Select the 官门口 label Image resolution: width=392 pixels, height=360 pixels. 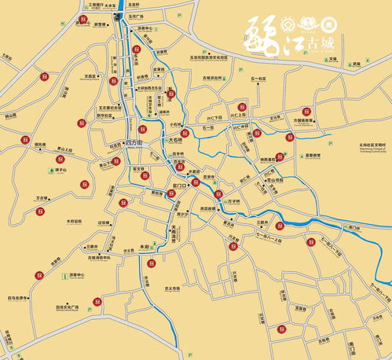click(179, 186)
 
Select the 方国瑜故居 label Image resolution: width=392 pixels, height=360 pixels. click(304, 120)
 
